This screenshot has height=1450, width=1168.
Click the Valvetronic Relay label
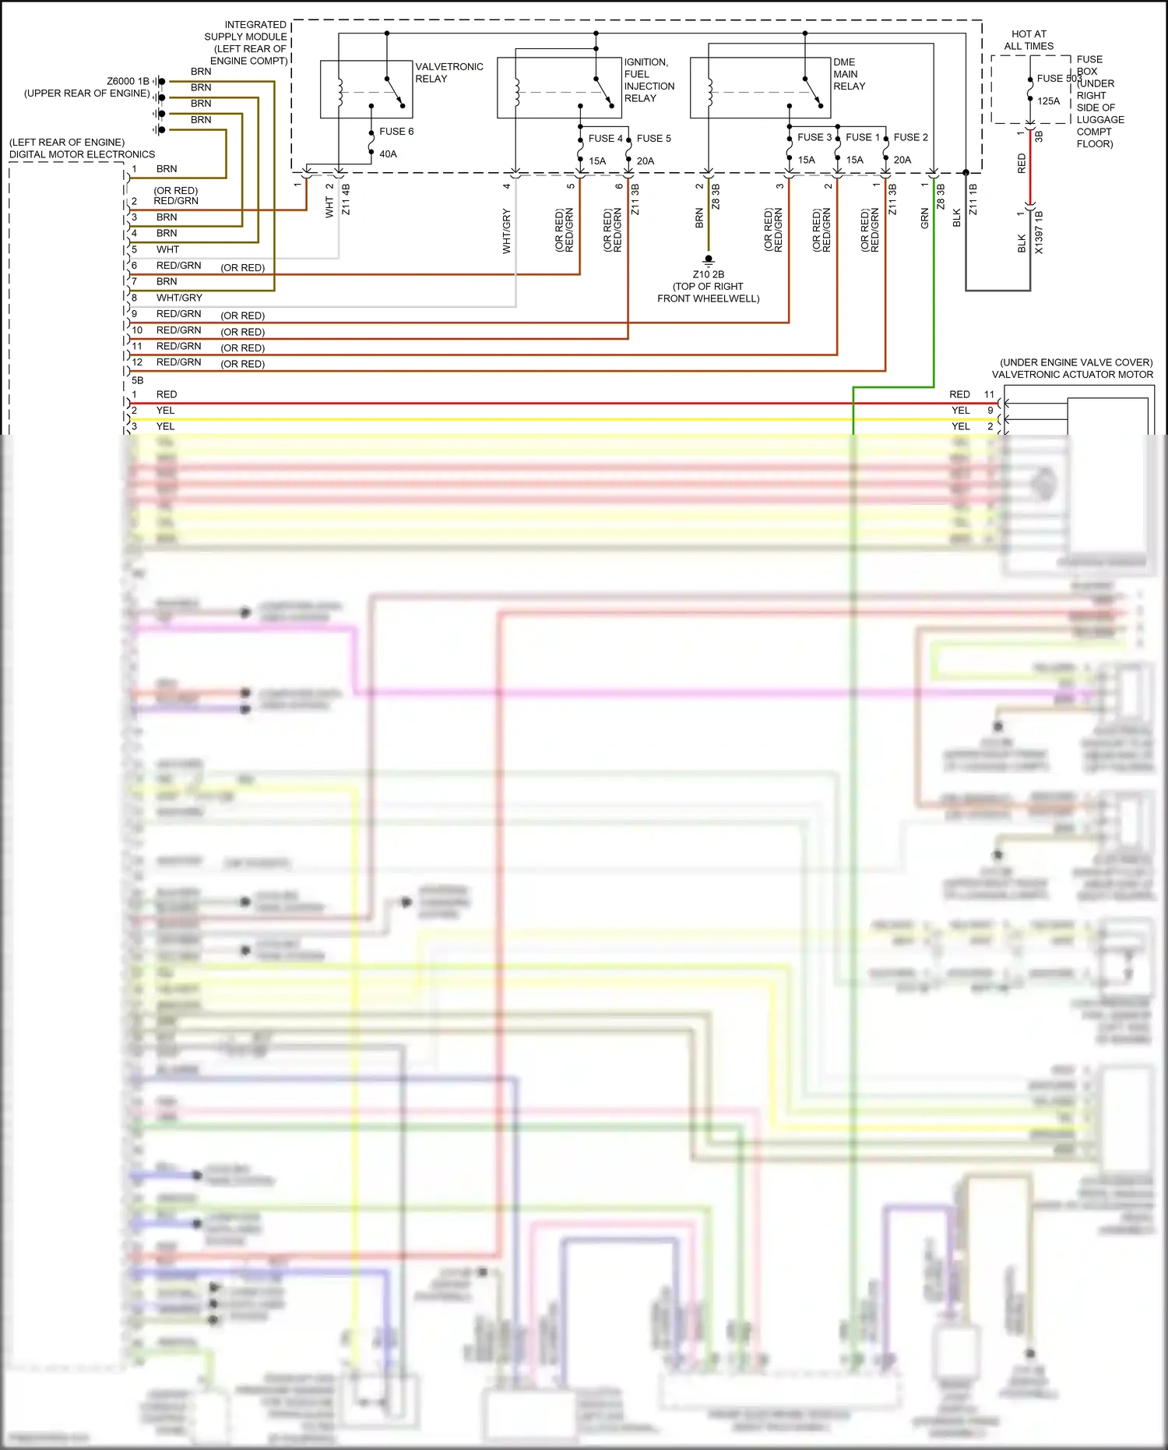449,72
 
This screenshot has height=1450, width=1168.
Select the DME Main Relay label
849,74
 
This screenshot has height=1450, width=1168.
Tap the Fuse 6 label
396,131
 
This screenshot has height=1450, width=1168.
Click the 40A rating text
388,154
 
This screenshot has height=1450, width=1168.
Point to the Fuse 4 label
605,138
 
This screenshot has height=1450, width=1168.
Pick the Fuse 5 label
653,138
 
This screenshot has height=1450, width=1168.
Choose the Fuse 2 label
910,137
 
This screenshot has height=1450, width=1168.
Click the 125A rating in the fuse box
1048,101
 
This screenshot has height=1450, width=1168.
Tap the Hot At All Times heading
1029,40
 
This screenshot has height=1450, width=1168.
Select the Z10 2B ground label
708,274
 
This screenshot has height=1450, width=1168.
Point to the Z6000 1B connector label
128,81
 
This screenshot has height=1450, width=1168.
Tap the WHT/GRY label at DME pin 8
179,298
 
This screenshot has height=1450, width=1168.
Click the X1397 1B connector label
1039,232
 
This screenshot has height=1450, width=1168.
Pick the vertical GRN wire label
925,218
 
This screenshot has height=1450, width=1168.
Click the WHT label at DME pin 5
167,249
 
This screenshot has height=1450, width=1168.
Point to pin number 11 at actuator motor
989,394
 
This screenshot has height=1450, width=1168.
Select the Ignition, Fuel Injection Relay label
649,80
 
